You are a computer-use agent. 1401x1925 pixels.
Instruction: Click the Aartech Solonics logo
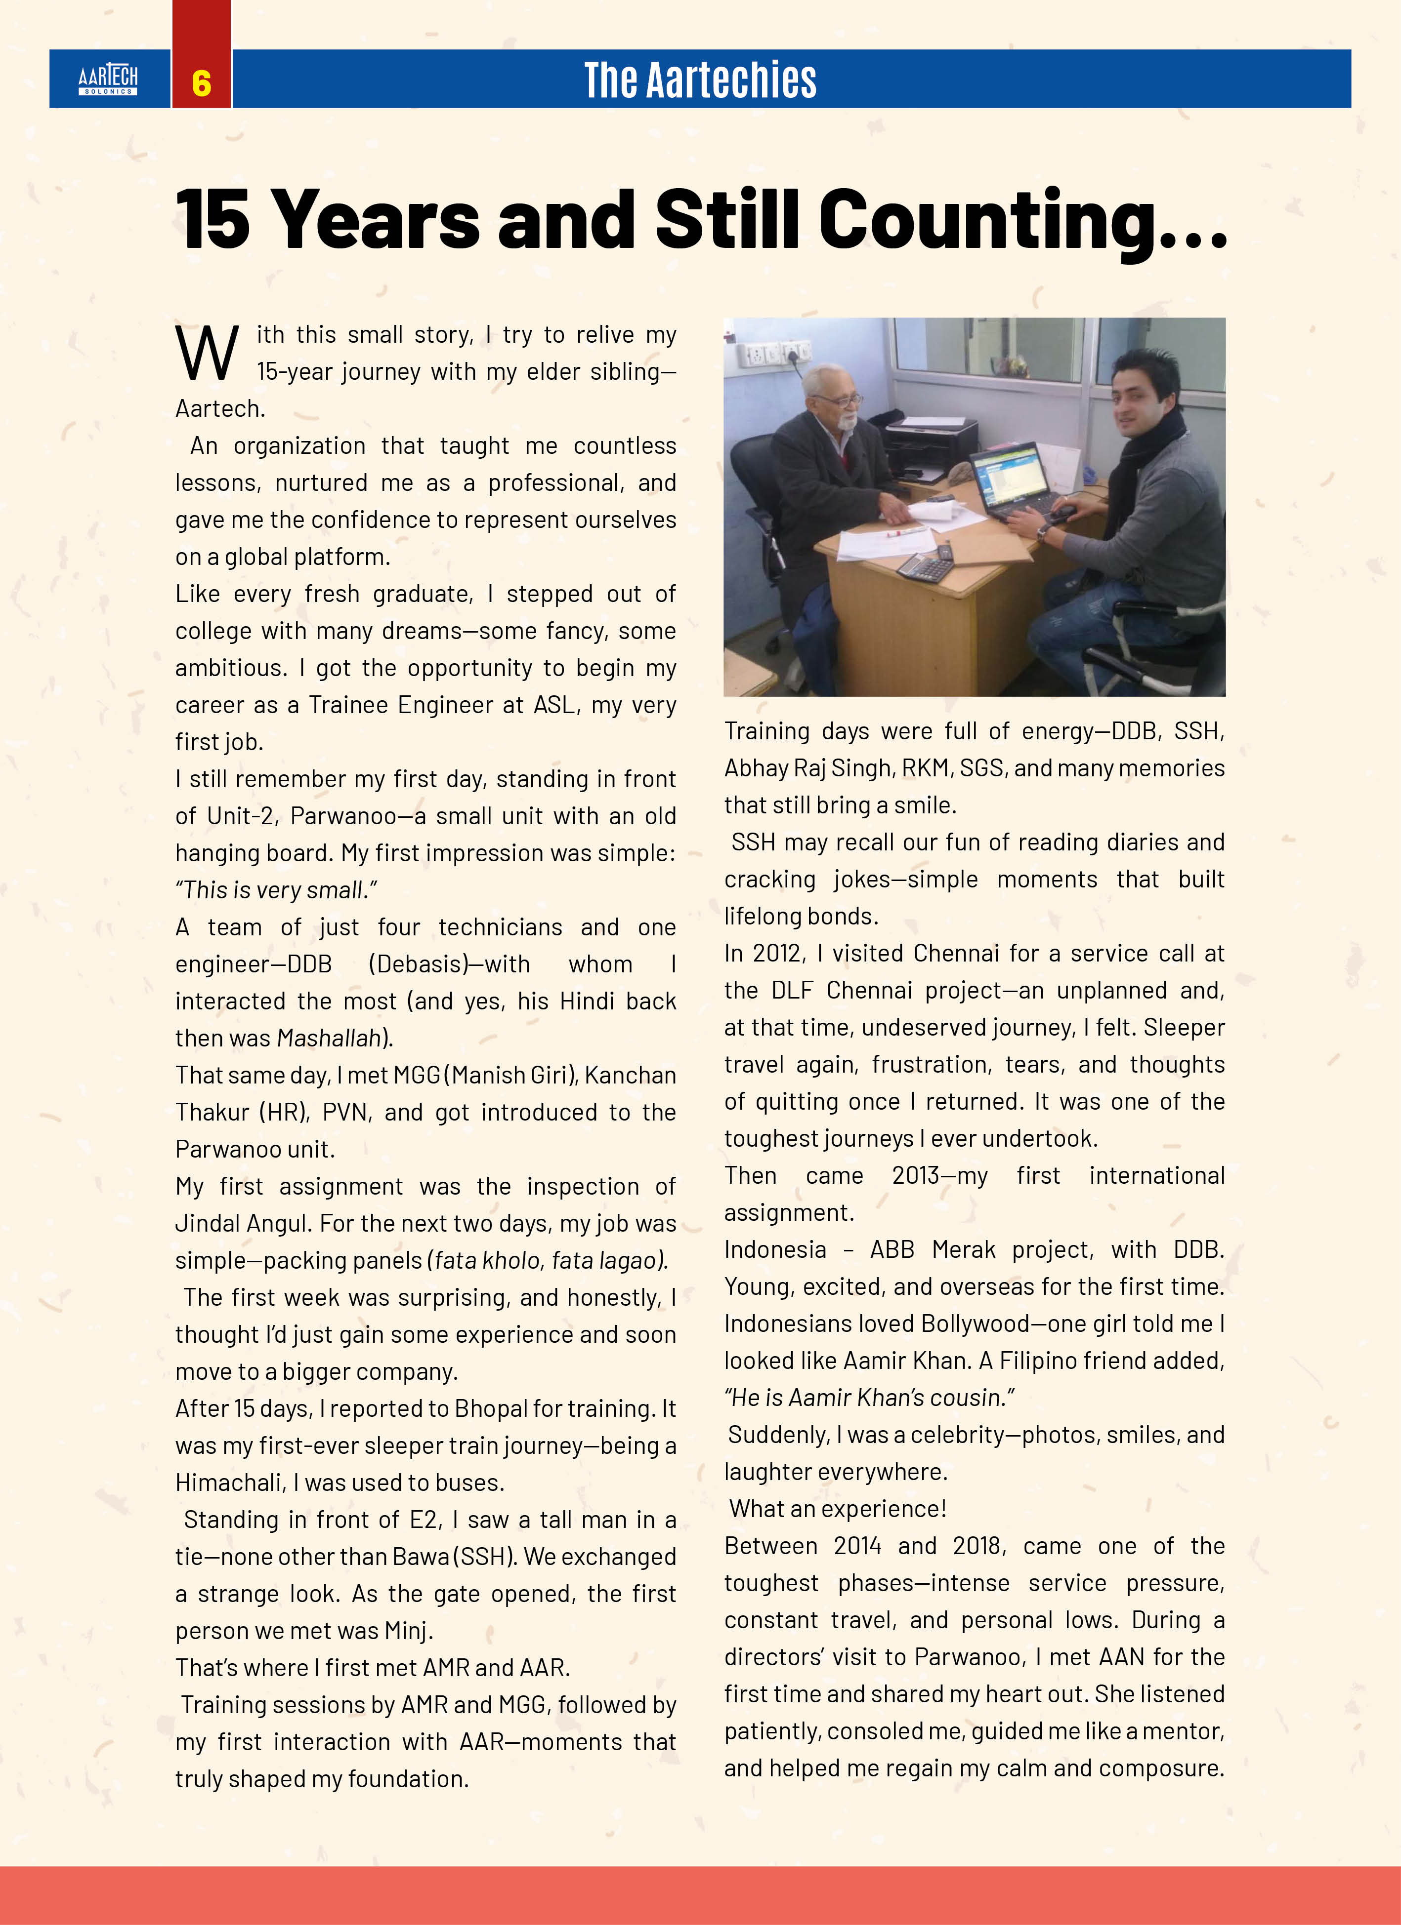click(108, 80)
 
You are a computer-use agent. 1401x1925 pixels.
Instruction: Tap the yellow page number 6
click(201, 83)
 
